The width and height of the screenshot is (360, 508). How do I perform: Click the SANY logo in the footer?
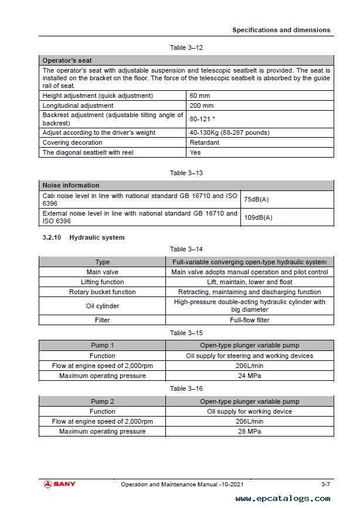[x=59, y=484]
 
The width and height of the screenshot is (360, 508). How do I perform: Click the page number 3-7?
[x=325, y=484]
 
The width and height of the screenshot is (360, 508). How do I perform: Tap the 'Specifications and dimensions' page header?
[x=281, y=30]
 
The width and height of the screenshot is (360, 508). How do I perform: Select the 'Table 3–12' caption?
[x=186, y=47]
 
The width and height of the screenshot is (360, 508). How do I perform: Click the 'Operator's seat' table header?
[x=67, y=60]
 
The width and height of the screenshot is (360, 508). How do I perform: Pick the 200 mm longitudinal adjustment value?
[x=202, y=106]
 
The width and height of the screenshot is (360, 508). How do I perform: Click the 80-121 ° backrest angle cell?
[x=204, y=120]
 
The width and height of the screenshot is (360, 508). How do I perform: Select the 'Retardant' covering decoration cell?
[x=204, y=142]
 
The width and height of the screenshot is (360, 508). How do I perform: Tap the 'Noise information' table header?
[x=70, y=185]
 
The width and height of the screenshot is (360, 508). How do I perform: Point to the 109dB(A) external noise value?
[x=258, y=217]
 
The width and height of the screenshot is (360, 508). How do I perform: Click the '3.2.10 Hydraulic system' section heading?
[x=83, y=237]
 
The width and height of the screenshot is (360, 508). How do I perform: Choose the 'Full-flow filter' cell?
[x=250, y=320]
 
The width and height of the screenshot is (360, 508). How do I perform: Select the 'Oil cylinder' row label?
[x=103, y=306]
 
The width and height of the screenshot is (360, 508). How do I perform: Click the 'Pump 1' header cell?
[x=103, y=346]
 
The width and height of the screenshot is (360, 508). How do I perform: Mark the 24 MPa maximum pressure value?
[x=250, y=376]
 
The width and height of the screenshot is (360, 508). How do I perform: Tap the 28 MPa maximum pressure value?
[x=250, y=431]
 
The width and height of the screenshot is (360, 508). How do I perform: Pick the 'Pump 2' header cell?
[x=103, y=401]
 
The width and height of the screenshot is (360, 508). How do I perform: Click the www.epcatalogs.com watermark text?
[x=283, y=499]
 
